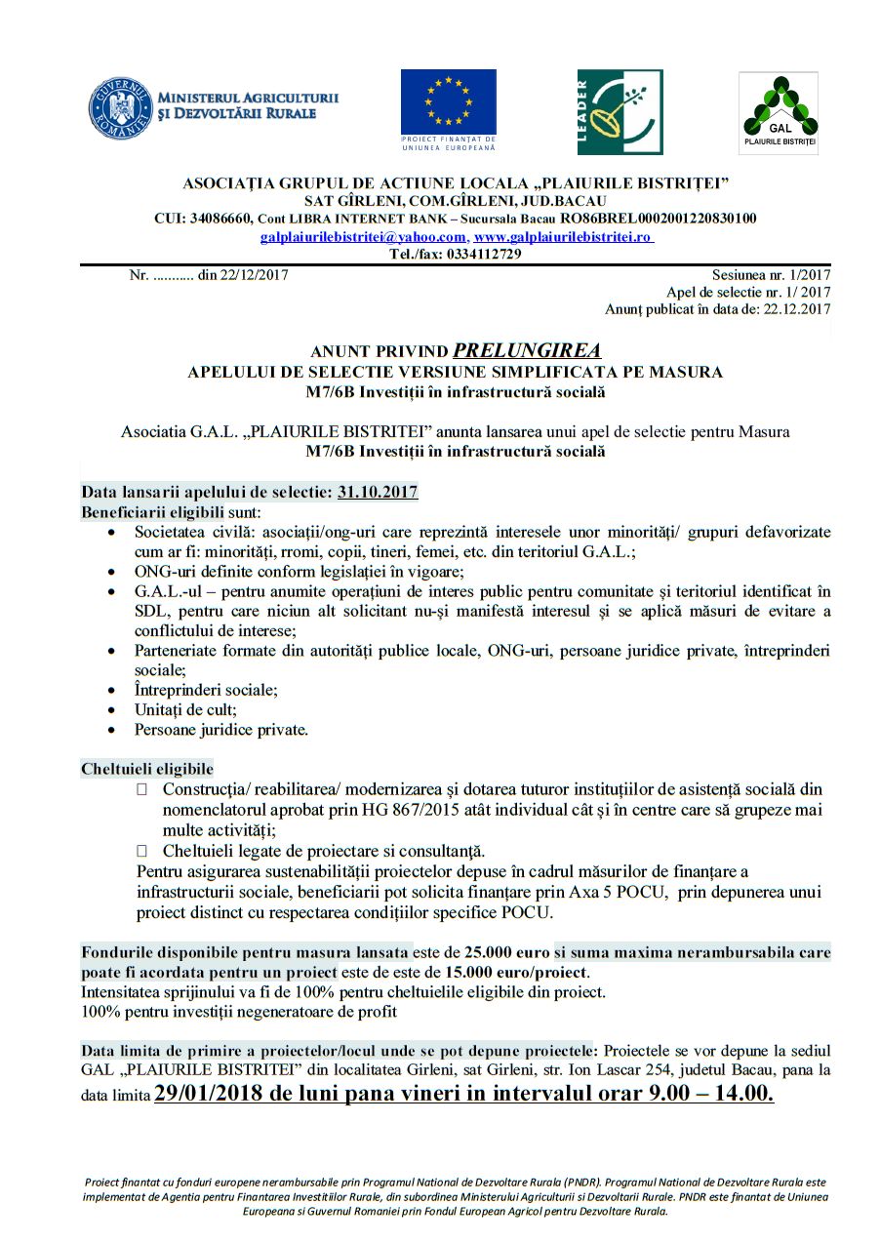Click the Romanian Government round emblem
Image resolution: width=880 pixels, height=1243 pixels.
click(x=121, y=107)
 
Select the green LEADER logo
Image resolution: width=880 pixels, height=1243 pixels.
click(x=620, y=111)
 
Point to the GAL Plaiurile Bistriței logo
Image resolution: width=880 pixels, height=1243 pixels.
click(x=778, y=112)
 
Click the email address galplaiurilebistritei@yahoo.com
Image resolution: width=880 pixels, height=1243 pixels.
click(x=363, y=237)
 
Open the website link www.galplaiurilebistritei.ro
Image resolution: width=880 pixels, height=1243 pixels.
click(x=563, y=237)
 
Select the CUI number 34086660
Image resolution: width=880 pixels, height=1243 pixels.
click(x=221, y=218)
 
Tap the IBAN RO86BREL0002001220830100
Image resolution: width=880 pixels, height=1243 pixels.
click(x=658, y=218)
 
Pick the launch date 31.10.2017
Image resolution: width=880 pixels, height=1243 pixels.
click(x=378, y=493)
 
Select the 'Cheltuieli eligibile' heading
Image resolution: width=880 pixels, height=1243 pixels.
click(x=147, y=769)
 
